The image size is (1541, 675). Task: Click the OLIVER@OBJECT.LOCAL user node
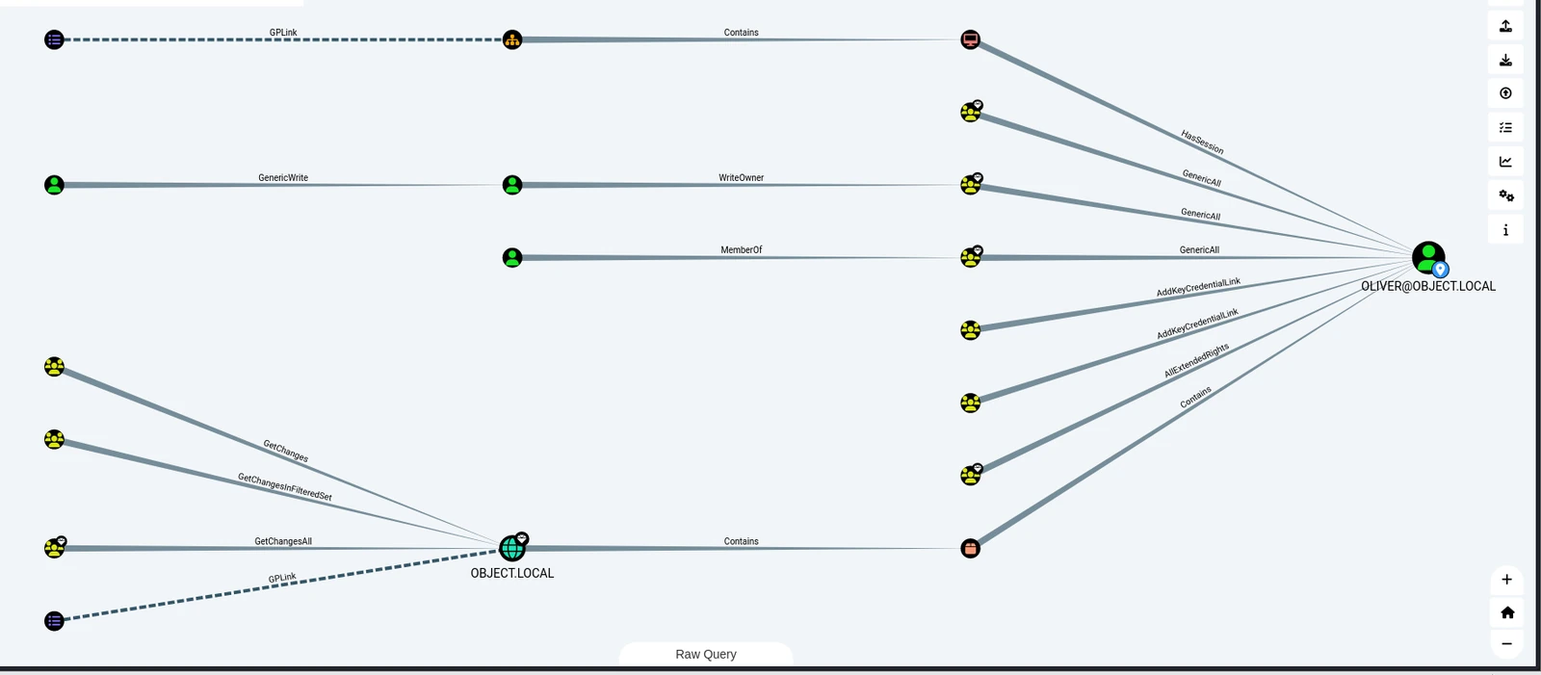1428,258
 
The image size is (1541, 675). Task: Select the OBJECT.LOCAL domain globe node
511,548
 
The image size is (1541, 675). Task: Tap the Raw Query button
706,655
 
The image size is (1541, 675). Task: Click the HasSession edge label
1202,143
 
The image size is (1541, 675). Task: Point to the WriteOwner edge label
741,177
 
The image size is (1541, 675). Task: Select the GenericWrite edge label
283,177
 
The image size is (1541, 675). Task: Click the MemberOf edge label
741,249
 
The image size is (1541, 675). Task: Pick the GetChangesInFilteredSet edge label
285,486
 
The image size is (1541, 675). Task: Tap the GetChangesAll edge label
283,541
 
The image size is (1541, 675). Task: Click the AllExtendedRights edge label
1196,360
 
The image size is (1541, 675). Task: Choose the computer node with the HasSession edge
970,39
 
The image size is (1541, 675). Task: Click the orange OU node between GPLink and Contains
511,39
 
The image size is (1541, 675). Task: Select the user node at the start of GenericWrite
54,185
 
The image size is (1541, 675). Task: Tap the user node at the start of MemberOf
511,258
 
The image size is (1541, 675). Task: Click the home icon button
1506,612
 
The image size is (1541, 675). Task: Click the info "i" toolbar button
1505,230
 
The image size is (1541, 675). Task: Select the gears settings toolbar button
1505,195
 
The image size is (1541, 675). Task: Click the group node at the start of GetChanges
54,367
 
